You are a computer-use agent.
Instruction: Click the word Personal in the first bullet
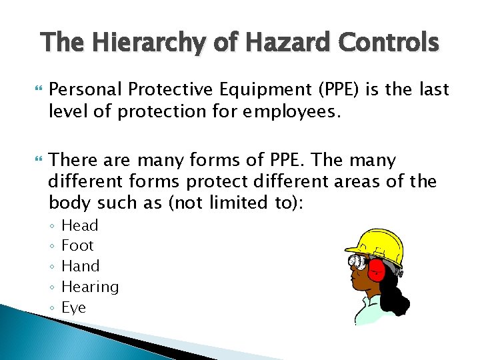coord(85,89)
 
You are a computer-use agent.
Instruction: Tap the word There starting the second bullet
coord(74,161)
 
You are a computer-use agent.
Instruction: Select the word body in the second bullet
coord(69,202)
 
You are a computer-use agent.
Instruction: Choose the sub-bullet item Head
coord(79,225)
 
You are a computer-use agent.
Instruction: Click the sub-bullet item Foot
coord(77,245)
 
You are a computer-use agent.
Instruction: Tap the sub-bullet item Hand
coord(80,266)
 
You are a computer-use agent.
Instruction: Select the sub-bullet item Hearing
coord(90,287)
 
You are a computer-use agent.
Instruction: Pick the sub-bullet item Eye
coord(73,307)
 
